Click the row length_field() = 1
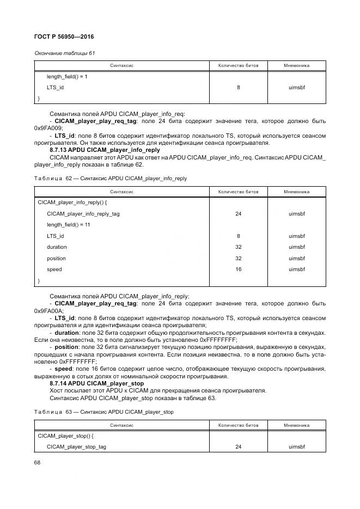pos(67,76)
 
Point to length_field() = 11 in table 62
pos(69,225)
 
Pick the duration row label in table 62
pos(57,247)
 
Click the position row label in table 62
pos(56,258)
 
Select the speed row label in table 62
pos(54,269)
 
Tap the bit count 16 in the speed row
pos(238,269)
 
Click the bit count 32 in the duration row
pos(238,247)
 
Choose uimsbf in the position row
pos(296,258)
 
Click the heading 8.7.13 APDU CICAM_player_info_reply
pos(105,150)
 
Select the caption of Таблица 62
pos(111,178)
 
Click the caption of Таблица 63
pos(103,412)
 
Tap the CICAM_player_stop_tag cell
pos(76,447)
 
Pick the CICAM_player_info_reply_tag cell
pos(83,214)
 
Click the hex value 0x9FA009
pos(48,128)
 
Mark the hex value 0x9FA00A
pos(48,311)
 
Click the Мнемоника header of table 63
pos(296,425)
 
